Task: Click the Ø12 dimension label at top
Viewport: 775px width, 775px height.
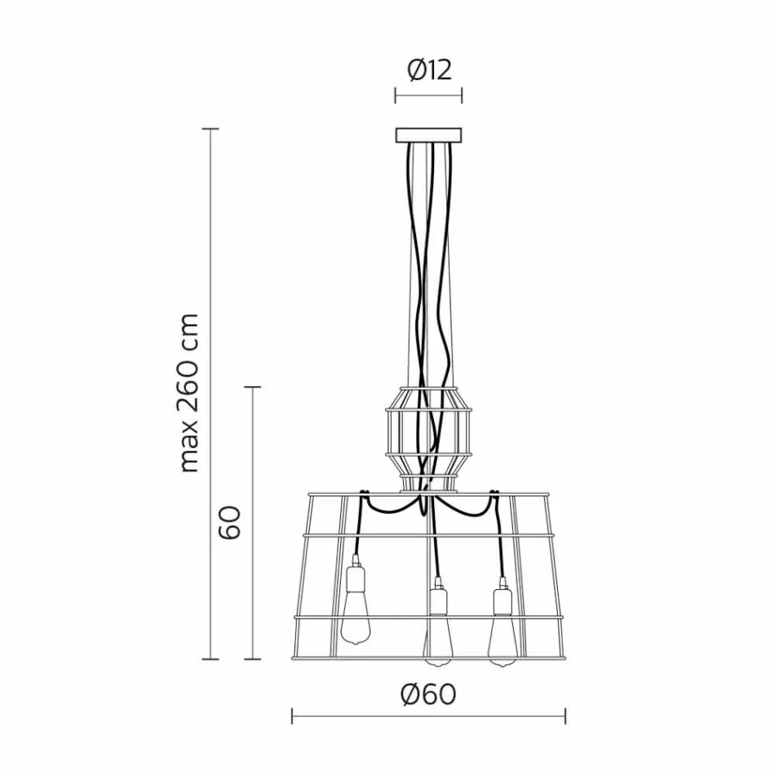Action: click(428, 70)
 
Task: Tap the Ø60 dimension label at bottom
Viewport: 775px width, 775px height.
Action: click(428, 694)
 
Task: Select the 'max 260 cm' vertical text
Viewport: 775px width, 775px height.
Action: click(189, 392)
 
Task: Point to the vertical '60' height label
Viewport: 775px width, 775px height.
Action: click(230, 522)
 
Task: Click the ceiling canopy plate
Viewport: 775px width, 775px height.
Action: click(428, 135)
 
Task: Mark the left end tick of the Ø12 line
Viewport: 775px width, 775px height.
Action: click(396, 96)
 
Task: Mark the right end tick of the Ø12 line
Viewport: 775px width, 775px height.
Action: click(462, 96)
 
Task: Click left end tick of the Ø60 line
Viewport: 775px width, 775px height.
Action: click(292, 717)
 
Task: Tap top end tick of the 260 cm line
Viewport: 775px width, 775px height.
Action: click(212, 129)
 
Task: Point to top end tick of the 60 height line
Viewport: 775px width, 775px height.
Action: click(254, 387)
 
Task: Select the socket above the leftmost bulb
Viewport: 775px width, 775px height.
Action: click(356, 578)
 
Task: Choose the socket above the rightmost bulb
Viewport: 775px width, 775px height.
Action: click(501, 600)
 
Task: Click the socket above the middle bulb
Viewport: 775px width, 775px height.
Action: click(438, 600)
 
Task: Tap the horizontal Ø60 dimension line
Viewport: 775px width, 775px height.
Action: click(428, 717)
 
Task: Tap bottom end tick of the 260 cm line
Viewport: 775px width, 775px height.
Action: click(212, 658)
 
